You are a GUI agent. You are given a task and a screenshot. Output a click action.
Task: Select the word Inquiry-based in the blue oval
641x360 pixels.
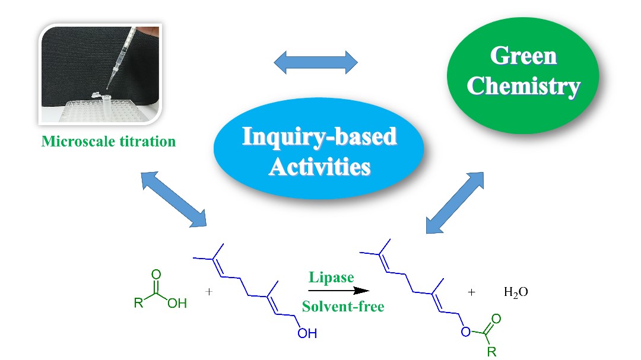tap(319, 137)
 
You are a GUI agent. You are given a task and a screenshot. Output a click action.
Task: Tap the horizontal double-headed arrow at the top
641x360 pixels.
tap(316, 62)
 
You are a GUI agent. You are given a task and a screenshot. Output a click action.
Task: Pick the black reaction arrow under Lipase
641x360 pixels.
tap(337, 291)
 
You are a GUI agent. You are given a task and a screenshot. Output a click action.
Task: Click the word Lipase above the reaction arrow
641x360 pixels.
tap(331, 277)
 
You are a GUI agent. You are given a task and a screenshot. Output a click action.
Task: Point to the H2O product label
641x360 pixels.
tap(515, 292)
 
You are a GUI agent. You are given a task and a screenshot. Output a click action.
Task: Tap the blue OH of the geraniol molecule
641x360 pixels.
tap(307, 333)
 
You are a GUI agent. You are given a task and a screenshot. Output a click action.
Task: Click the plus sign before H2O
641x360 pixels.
tap(472, 292)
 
